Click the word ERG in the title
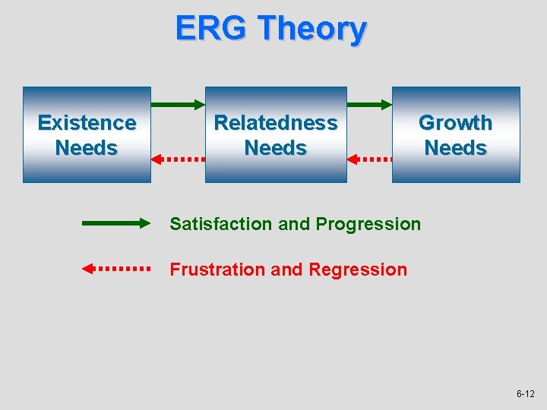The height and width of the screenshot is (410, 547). (x=211, y=29)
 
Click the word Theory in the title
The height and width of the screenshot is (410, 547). (x=311, y=29)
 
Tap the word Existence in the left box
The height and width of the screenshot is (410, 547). (x=87, y=123)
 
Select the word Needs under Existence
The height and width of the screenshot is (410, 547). (x=87, y=148)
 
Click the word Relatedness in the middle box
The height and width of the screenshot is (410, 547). (x=276, y=123)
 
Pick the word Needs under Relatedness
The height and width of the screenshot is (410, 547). (x=276, y=148)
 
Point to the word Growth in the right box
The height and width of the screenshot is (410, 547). (x=455, y=123)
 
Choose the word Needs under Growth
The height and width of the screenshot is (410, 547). (x=455, y=148)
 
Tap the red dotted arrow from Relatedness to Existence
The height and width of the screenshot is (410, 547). (x=179, y=159)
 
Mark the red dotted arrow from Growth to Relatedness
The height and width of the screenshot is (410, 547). (x=369, y=159)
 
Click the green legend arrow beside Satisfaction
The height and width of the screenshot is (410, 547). (x=117, y=223)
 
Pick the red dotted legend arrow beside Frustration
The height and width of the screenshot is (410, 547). (x=117, y=268)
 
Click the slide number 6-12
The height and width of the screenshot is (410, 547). (x=525, y=394)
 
